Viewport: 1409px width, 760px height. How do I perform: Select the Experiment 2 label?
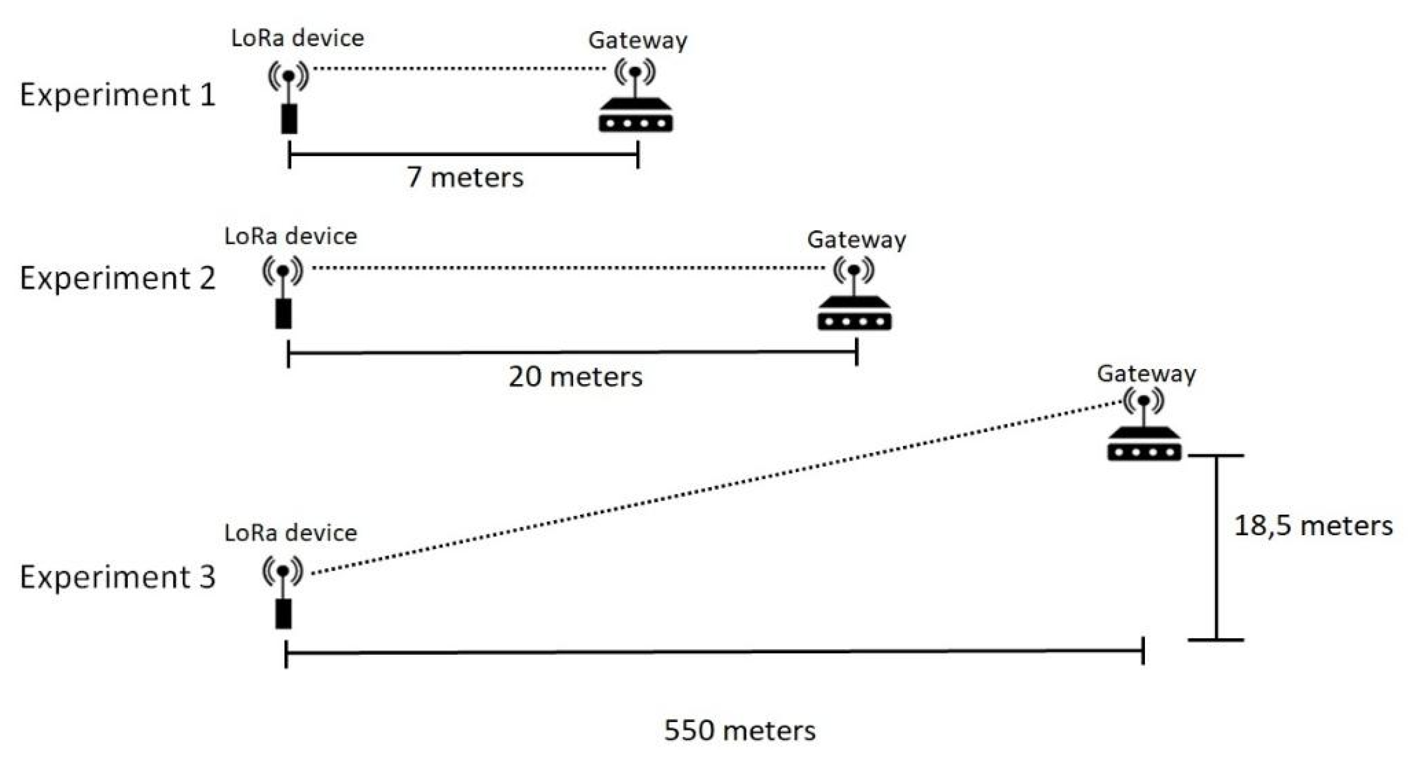coord(118,278)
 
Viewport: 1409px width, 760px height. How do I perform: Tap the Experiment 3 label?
coord(118,577)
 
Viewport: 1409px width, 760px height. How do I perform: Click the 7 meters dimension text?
coord(465,177)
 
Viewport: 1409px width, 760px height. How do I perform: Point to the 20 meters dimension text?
coord(575,377)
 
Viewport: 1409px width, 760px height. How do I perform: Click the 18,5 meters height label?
coord(1313,526)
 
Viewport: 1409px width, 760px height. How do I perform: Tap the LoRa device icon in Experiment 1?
coord(289,98)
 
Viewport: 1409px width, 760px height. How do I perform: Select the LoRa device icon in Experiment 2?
coord(283,295)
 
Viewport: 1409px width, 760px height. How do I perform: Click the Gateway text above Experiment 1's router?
coord(638,41)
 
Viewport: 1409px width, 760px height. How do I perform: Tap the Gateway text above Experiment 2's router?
coord(856,240)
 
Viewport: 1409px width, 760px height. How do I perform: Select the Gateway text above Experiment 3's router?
coord(1146,374)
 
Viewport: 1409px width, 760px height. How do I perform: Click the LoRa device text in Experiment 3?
coord(290,532)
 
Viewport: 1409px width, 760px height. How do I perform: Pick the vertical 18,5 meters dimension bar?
coord(1217,547)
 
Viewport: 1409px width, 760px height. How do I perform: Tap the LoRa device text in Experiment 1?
coord(297,38)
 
